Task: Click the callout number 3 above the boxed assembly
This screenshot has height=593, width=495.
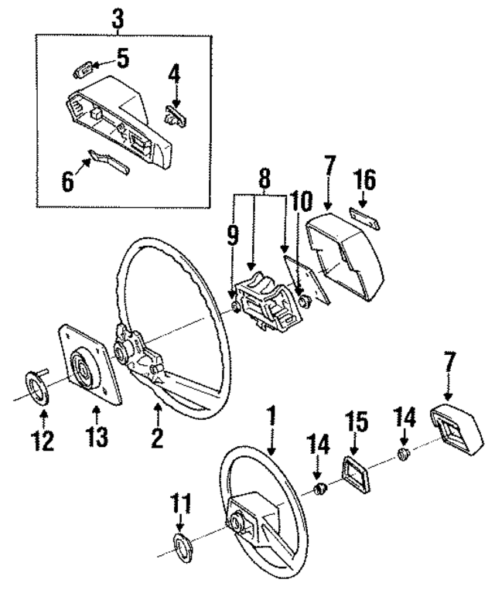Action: tap(118, 18)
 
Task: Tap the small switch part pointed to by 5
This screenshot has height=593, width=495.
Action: tap(83, 71)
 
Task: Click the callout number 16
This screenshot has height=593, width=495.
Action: tap(364, 182)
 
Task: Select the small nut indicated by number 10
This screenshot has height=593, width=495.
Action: tap(304, 300)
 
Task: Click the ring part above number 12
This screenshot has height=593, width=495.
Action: tap(39, 385)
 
